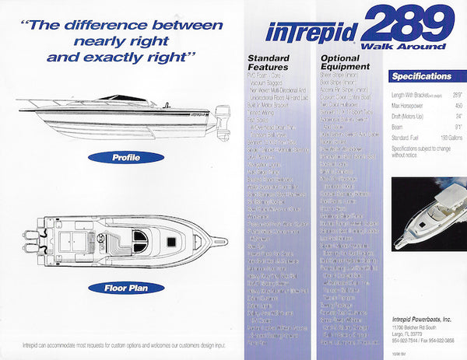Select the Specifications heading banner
[421, 76]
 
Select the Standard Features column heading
[269, 64]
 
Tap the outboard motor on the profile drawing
[223, 124]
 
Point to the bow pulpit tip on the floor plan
[226, 241]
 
